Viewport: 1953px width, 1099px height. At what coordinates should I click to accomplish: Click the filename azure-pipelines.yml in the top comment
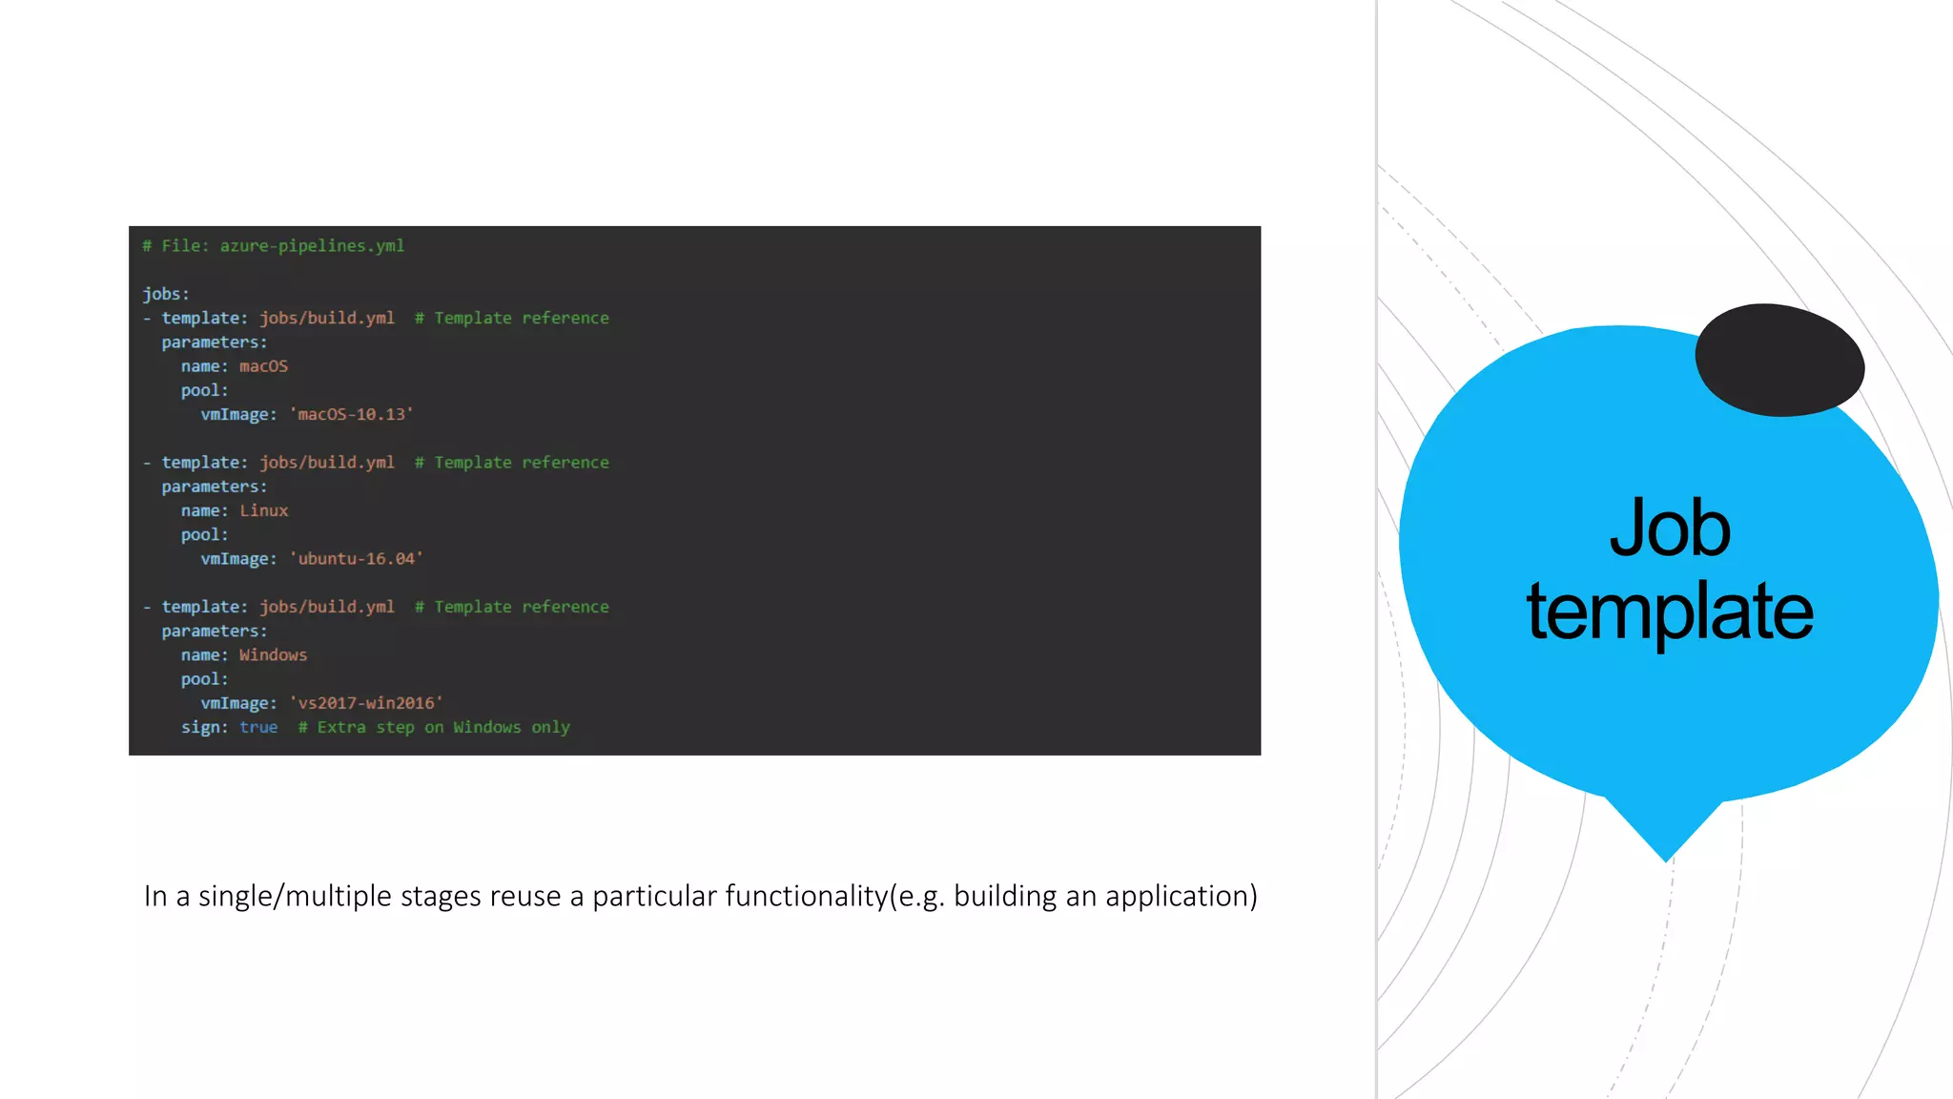pos(312,246)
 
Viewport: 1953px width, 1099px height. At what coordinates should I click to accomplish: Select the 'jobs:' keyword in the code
pos(166,294)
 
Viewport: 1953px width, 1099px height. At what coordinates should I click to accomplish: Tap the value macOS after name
pos(263,366)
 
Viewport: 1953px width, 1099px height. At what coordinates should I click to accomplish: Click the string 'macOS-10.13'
pos(352,414)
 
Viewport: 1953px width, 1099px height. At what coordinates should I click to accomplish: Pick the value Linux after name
pos(263,510)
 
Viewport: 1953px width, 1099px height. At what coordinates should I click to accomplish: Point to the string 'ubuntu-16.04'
pos(357,559)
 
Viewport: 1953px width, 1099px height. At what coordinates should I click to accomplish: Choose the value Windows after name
pos(273,655)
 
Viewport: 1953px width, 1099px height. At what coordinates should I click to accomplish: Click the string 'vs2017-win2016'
pos(366,703)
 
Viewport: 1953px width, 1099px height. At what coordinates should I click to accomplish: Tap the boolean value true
pos(258,727)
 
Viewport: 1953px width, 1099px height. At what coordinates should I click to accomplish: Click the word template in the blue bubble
pos(1670,612)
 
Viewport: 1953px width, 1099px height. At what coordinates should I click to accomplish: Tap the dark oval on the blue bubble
pos(1779,360)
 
